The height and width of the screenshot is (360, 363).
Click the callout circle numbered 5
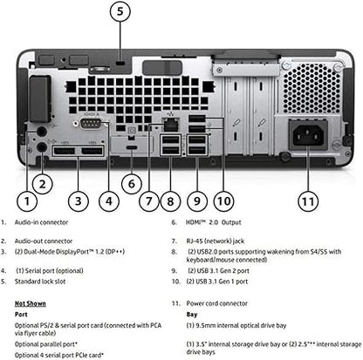(x=121, y=13)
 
